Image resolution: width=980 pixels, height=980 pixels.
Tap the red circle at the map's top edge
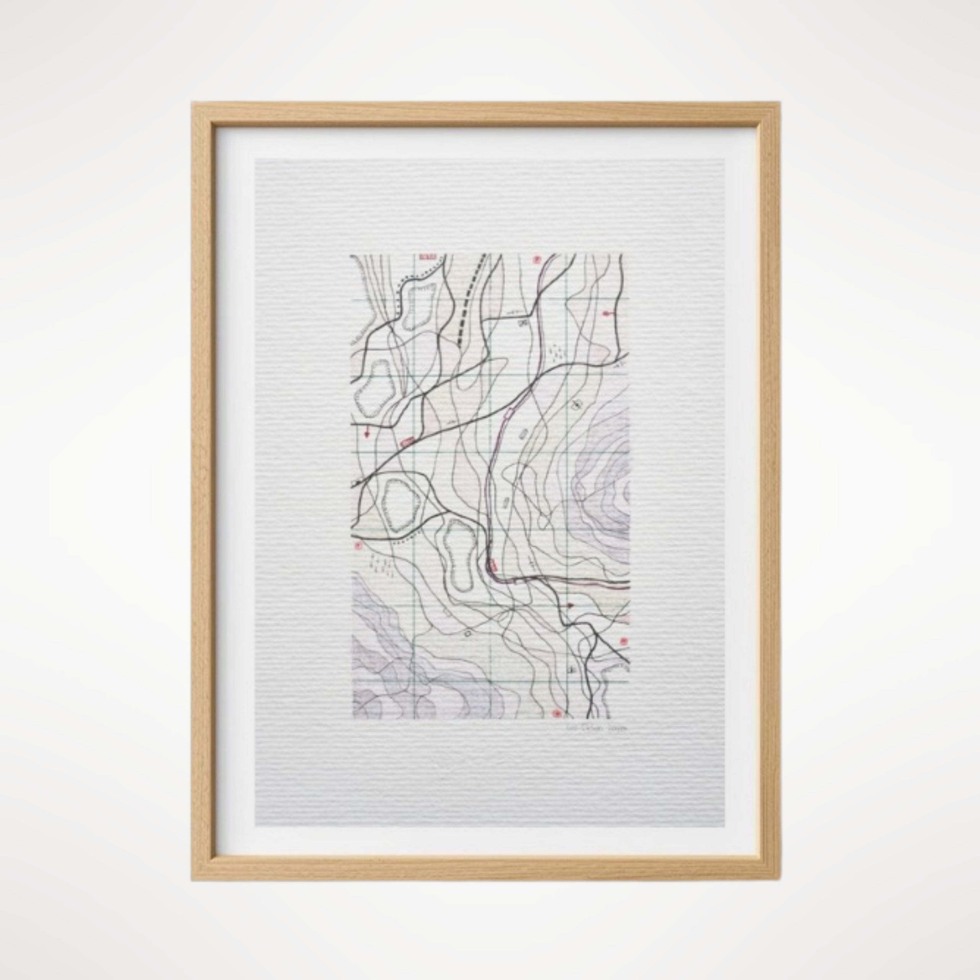click(x=536, y=260)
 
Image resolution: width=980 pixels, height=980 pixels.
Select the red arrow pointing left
click(x=606, y=314)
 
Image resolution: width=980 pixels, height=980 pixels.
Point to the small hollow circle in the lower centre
click(x=467, y=633)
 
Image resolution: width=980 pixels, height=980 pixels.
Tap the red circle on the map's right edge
click(x=623, y=641)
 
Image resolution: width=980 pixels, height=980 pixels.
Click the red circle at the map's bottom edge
click(x=557, y=714)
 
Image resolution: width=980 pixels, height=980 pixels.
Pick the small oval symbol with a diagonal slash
click(x=576, y=405)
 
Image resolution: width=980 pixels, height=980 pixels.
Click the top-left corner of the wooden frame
click(x=193, y=104)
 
